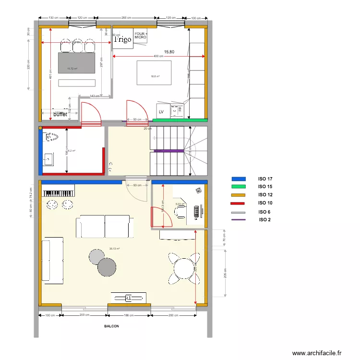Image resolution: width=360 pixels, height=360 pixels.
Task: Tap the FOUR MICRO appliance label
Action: tap(140, 35)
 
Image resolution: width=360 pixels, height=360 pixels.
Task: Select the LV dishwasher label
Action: tap(161, 112)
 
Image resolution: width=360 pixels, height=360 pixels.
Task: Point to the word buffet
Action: tap(60, 115)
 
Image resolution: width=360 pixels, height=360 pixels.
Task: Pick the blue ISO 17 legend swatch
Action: tap(238, 179)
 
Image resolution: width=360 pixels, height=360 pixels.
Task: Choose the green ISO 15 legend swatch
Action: tap(238, 187)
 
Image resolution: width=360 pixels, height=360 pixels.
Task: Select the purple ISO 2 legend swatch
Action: tap(238, 220)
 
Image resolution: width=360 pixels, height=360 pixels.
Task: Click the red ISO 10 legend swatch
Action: tap(238, 204)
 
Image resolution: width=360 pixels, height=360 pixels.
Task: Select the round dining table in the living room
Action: tap(184, 268)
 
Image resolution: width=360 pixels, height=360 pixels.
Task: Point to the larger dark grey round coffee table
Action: tap(107, 267)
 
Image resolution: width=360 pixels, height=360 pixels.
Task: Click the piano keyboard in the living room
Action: tap(59, 193)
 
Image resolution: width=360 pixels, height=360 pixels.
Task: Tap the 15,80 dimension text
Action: tap(169, 51)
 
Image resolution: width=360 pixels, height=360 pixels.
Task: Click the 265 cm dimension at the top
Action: tap(127, 18)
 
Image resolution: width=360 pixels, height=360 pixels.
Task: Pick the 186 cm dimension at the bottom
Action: tap(129, 315)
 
